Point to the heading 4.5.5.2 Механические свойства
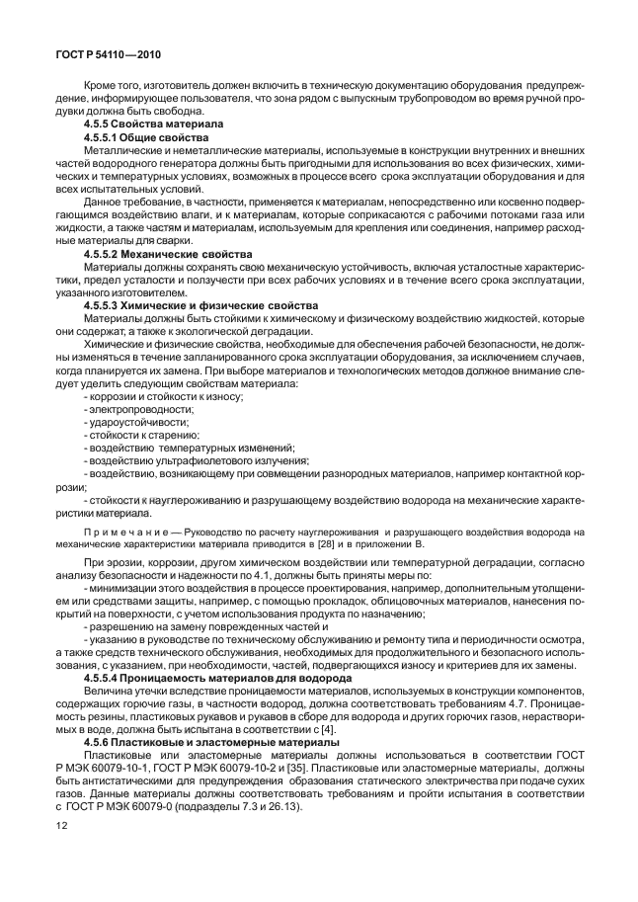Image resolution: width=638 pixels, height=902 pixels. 164,254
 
